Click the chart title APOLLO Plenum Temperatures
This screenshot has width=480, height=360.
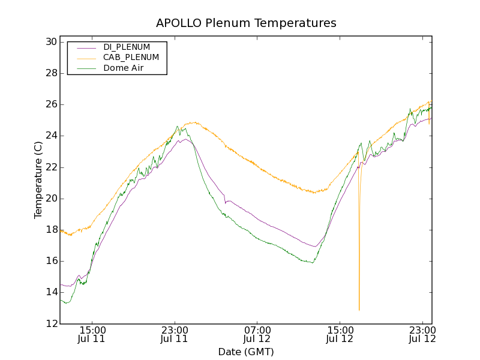point(246,23)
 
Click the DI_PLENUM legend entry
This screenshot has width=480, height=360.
point(127,47)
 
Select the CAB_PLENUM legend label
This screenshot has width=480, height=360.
point(131,58)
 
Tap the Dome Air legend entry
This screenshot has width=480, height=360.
point(123,68)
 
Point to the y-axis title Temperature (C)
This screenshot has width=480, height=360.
point(38,179)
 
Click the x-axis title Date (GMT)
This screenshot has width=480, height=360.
point(246,352)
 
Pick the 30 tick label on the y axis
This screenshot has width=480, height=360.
point(50,42)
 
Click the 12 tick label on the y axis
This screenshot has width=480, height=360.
point(50,323)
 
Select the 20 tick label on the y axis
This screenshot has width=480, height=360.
point(50,199)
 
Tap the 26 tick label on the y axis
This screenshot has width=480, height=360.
point(50,104)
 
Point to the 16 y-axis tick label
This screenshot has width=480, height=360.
point(50,261)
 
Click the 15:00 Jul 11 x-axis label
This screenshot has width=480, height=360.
point(92,335)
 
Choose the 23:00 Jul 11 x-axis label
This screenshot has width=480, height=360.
point(175,335)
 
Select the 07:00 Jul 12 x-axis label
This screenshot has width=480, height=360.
point(257,335)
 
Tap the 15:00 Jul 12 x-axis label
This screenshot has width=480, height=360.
point(340,335)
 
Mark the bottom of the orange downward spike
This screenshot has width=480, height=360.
point(359,310)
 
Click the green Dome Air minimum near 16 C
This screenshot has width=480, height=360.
point(312,262)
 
